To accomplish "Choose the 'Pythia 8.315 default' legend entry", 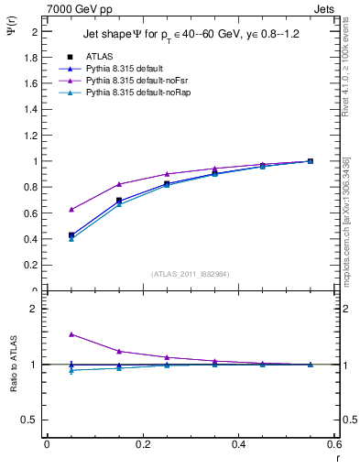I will [125, 68].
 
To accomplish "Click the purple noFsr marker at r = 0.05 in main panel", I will [71, 210].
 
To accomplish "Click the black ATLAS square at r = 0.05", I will [71, 235].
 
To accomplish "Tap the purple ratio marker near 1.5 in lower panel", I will [71, 334].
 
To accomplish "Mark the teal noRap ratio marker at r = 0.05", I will [71, 370].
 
